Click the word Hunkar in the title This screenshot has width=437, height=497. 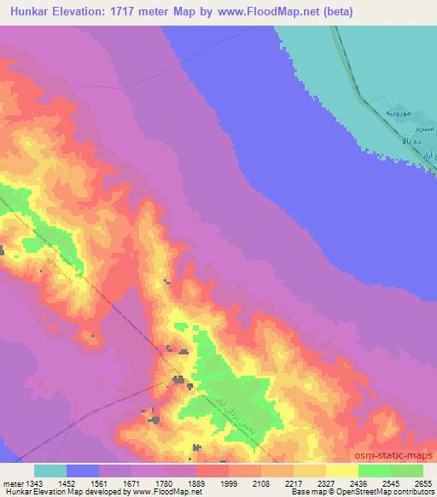pos(29,12)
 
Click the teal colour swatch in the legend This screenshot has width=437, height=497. pos(50,471)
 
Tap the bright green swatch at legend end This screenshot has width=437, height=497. pos(407,471)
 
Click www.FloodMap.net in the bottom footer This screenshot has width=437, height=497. pos(162,493)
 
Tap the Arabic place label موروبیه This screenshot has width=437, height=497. pos(400,114)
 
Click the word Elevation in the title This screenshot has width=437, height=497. pos(84,12)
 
